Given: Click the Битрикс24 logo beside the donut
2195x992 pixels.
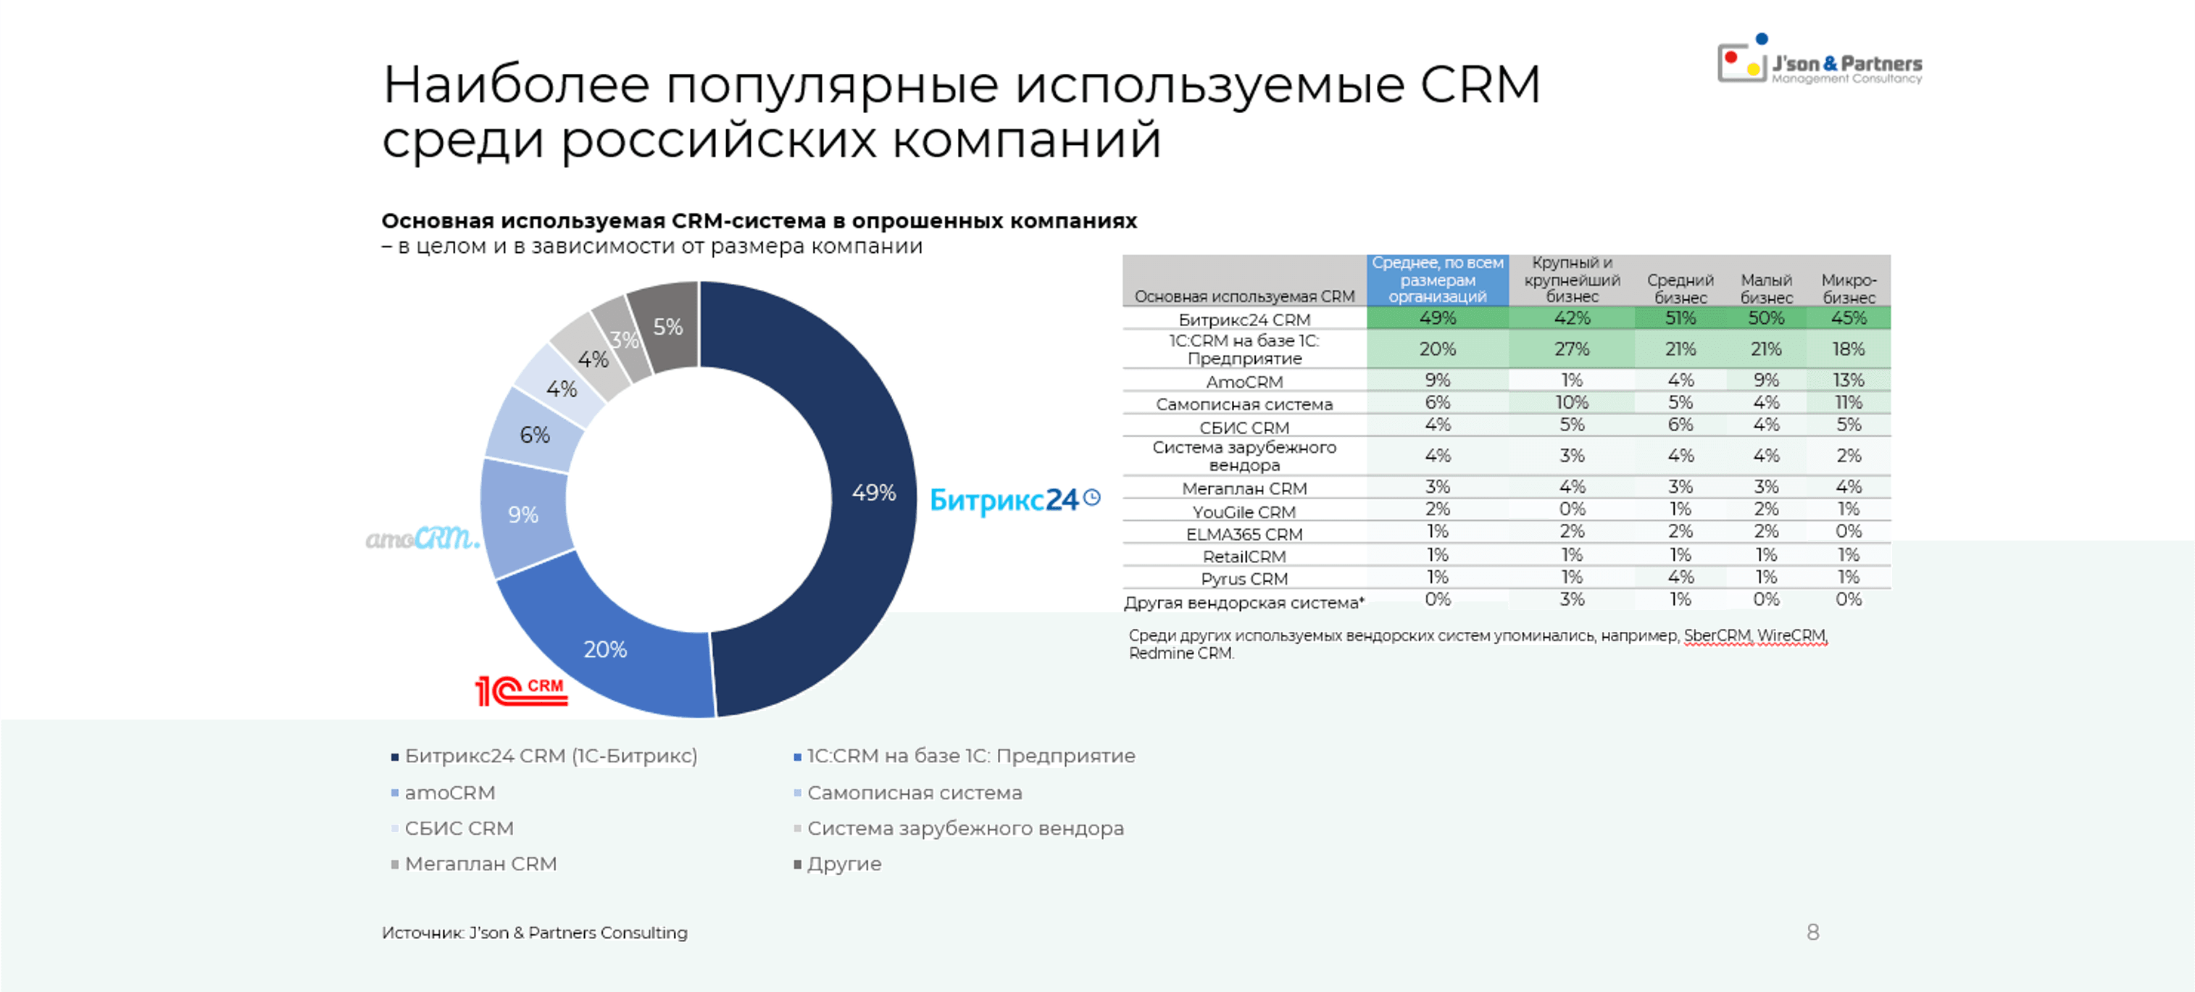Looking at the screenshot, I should click(x=1014, y=499).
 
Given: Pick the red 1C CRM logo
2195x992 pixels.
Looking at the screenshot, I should click(x=520, y=691).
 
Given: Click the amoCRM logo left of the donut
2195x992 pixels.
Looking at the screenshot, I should click(x=422, y=538).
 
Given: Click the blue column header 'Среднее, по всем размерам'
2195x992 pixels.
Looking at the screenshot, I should click(x=1438, y=280).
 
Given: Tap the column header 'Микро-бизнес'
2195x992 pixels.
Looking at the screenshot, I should click(x=1848, y=288).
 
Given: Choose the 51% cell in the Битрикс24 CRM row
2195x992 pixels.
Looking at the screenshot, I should click(x=1680, y=318).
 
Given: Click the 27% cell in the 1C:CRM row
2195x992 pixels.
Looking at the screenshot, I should click(x=1571, y=349).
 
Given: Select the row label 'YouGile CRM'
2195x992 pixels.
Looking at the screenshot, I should click(x=1244, y=512).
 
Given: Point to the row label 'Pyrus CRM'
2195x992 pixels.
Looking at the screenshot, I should click(x=1244, y=579).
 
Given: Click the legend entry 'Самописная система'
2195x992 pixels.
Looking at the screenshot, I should click(x=914, y=793).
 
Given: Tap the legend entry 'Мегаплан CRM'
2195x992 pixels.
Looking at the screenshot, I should click(x=480, y=863).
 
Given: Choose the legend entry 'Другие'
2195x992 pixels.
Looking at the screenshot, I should click(x=843, y=863).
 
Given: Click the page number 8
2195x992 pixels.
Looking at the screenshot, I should click(x=1812, y=933).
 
